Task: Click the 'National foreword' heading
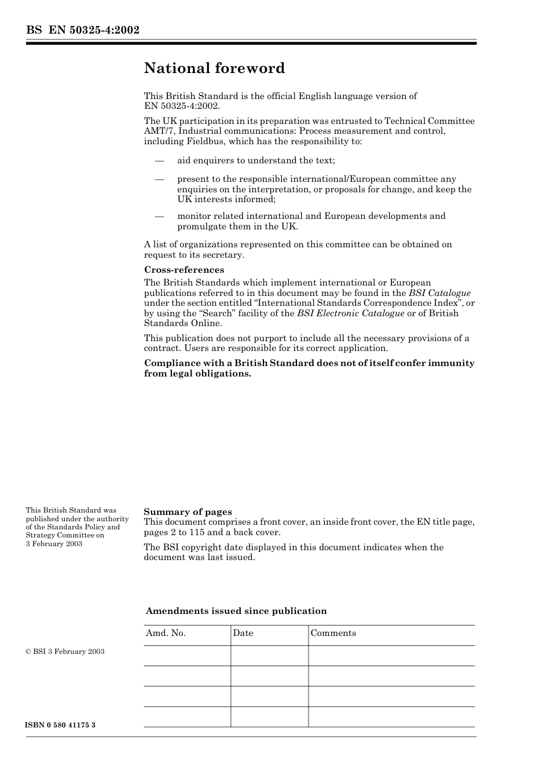(x=214, y=68)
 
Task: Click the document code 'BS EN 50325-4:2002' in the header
(x=83, y=30)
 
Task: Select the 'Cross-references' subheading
(x=184, y=270)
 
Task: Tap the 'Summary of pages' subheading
(x=188, y=511)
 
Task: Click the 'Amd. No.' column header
(x=166, y=633)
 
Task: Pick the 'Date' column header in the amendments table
(x=243, y=633)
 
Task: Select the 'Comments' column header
(x=333, y=633)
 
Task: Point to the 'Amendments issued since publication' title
(x=236, y=611)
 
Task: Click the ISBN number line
(x=60, y=725)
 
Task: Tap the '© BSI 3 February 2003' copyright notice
(x=65, y=652)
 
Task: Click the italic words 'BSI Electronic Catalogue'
(x=350, y=313)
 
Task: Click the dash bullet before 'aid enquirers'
(x=159, y=160)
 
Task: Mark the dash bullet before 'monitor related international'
(x=159, y=216)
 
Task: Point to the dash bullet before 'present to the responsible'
(x=159, y=179)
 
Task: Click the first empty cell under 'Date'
(x=269, y=656)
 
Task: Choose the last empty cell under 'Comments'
(x=391, y=716)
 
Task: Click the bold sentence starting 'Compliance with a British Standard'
(x=309, y=368)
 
